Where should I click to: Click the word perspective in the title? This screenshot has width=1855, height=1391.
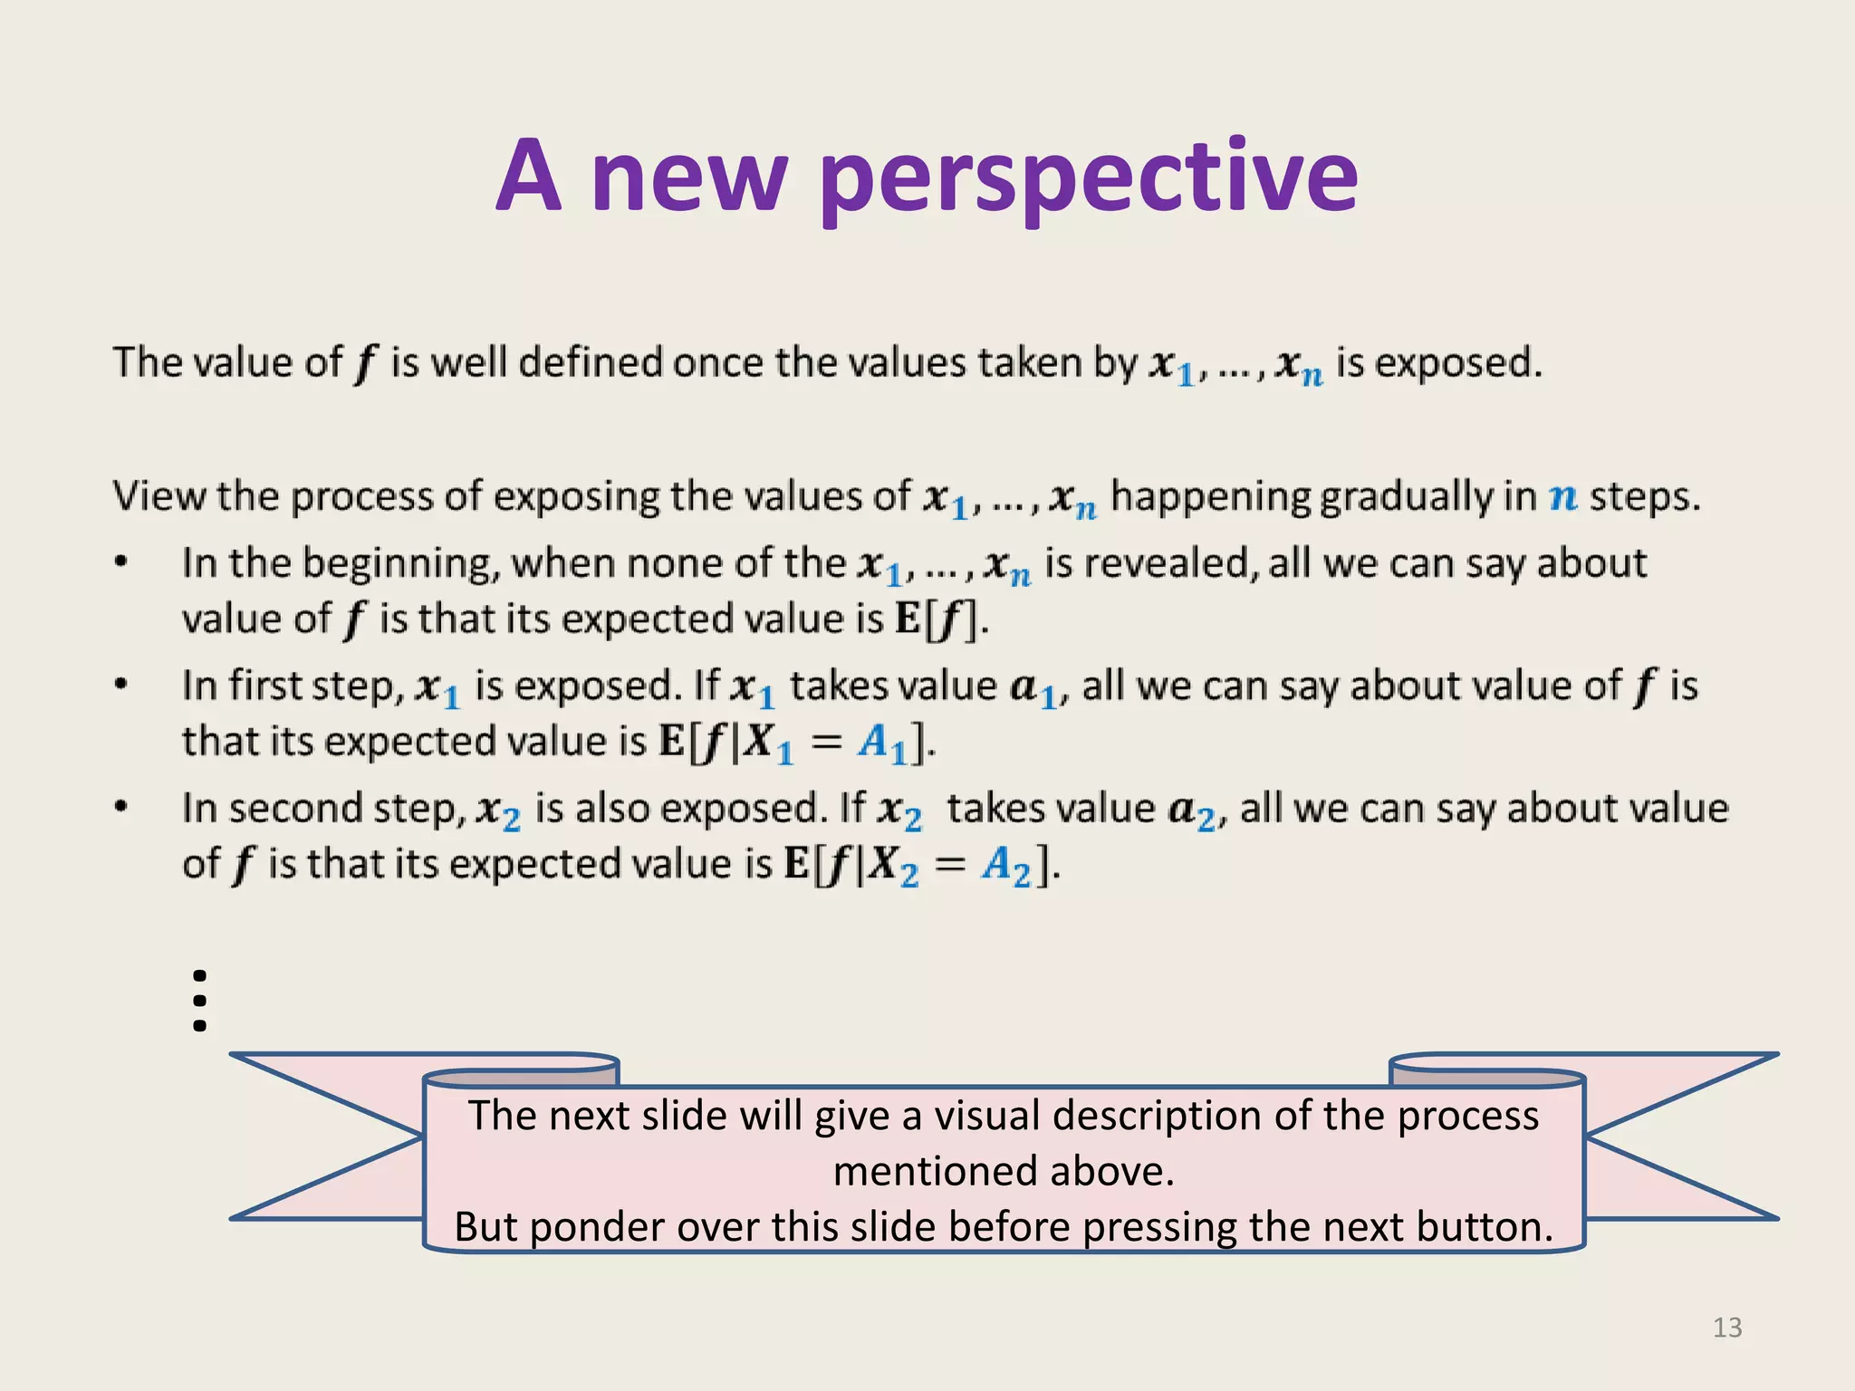click(1089, 177)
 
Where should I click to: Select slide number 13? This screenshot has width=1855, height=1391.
click(1726, 1328)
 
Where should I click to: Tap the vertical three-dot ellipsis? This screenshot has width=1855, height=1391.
click(200, 1001)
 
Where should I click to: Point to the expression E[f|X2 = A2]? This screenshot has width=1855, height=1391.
click(920, 865)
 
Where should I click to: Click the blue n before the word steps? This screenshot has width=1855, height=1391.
click(1563, 497)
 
